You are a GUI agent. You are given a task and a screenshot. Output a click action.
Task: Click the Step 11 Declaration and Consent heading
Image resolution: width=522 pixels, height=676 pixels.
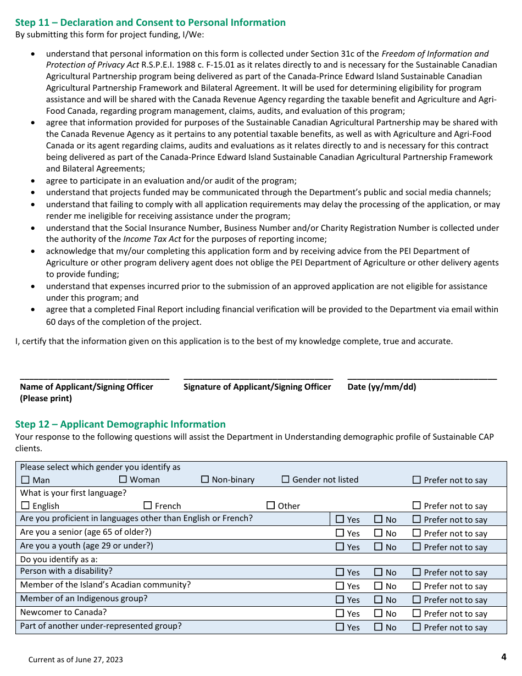tap(150, 23)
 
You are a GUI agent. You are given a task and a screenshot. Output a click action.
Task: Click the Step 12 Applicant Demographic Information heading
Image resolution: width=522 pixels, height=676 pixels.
tap(120, 424)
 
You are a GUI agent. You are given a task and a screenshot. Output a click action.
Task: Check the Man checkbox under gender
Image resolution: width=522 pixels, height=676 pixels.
tap(25, 480)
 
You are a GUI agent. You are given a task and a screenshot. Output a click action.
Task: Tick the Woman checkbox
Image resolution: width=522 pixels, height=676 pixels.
tap(123, 479)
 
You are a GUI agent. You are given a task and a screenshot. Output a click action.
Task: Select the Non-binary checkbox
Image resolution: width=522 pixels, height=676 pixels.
tap(205, 479)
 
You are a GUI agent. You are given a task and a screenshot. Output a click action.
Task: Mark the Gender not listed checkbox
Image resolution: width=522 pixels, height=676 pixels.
tap(285, 479)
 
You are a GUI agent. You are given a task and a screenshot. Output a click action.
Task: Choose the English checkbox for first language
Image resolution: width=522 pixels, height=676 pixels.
tap(25, 506)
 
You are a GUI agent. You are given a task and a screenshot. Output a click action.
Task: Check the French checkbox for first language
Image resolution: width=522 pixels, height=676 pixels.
tap(148, 505)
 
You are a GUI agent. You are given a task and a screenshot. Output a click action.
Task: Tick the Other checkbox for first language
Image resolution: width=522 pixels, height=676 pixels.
tap(270, 505)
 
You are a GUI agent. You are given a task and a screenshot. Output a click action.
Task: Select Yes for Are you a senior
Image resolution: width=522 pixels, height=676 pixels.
tap(340, 533)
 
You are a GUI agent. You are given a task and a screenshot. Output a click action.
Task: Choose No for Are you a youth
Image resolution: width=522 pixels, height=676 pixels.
tap(378, 547)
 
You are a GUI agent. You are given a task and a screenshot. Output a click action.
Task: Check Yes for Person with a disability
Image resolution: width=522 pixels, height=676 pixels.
tap(340, 572)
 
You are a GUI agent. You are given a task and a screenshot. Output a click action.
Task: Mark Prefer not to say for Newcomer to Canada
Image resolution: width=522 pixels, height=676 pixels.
tap(417, 613)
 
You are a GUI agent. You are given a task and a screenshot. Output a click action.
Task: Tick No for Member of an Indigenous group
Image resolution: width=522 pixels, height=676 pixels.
tap(378, 600)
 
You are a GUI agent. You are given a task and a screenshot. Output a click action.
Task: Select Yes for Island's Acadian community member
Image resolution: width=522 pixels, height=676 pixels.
tap(340, 586)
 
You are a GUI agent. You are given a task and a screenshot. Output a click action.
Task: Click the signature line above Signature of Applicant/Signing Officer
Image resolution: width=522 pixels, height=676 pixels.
tap(258, 376)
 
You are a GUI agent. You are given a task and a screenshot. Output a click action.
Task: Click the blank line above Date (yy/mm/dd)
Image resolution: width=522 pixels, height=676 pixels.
tap(422, 376)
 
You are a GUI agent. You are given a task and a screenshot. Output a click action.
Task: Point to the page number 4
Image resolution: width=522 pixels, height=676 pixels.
tap(503, 657)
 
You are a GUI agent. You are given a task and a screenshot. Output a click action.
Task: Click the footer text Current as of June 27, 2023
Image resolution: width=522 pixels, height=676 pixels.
tap(76, 660)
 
